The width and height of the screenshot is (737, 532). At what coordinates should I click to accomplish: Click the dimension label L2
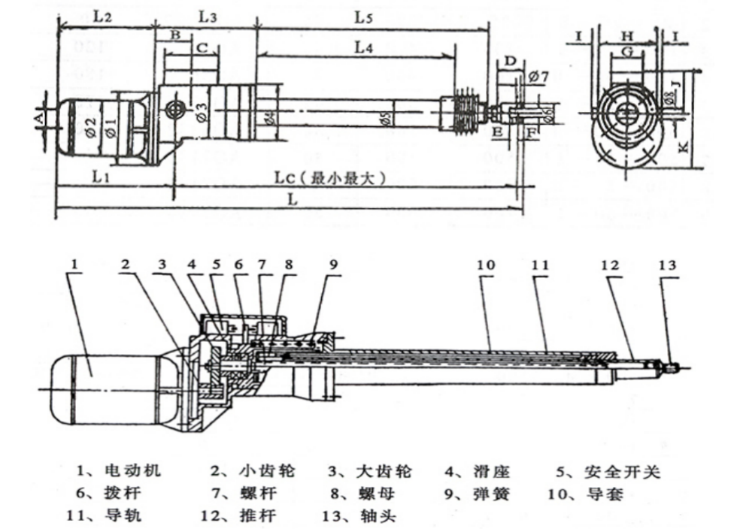(104, 14)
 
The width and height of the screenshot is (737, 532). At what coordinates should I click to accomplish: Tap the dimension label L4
(364, 46)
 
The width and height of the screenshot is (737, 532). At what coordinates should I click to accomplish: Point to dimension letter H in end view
(627, 35)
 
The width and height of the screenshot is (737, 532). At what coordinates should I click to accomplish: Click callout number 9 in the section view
(334, 264)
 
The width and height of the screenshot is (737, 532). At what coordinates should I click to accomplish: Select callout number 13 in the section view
(667, 264)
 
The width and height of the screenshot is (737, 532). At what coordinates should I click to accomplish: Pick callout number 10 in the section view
(486, 264)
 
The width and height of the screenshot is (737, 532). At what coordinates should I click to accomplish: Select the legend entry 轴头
(372, 517)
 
